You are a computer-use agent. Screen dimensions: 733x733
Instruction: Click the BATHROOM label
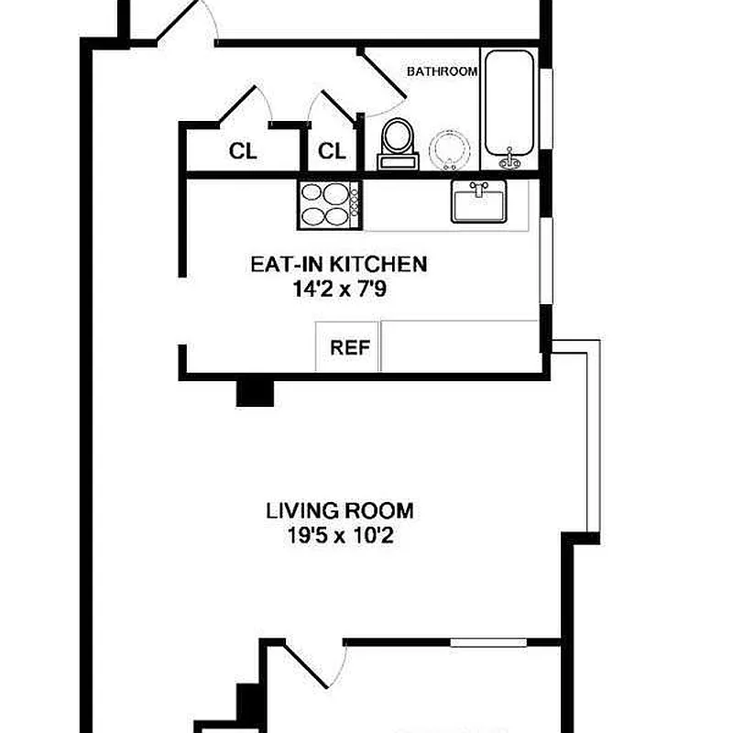tap(442, 71)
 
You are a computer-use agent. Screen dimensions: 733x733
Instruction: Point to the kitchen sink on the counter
tap(477, 201)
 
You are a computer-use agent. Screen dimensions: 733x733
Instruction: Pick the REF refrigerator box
tap(348, 347)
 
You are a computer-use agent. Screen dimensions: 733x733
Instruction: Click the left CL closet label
tap(243, 151)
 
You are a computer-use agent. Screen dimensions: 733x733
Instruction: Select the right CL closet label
tap(332, 151)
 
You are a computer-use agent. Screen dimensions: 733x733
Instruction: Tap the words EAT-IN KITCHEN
tap(338, 265)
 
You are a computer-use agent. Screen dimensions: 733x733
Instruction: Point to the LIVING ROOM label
tap(339, 510)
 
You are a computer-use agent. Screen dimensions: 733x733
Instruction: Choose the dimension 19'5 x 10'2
tap(339, 535)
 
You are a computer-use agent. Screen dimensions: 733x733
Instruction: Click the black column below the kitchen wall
tap(256, 391)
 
